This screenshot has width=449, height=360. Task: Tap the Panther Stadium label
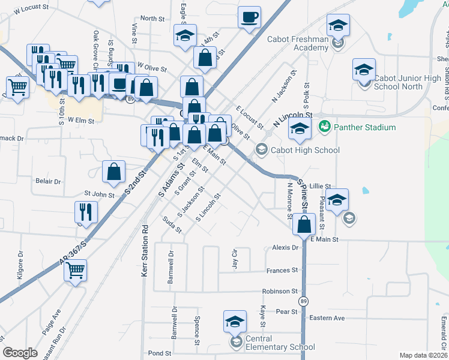coord(365,127)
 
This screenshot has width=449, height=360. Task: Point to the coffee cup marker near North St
coord(249,18)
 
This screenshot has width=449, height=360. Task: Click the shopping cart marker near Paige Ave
coord(75,271)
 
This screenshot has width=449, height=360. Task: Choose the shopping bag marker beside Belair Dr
coord(113,172)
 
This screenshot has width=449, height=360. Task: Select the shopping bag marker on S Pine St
coord(305,224)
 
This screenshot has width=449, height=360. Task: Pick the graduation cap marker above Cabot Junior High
coord(364,70)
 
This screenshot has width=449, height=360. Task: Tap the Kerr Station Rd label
coord(145,251)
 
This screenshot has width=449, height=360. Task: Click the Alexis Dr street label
coord(285,247)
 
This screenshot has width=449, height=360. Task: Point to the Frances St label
coord(282,271)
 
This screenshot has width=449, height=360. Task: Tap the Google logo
coord(20,353)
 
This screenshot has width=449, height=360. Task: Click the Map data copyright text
coord(424,355)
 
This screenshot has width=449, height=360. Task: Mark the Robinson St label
coord(280,291)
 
